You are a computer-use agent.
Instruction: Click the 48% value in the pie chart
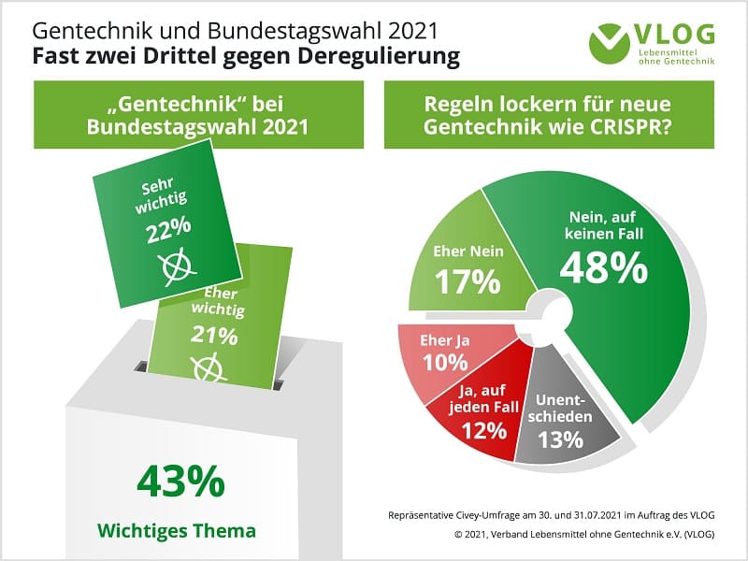[x=603, y=267]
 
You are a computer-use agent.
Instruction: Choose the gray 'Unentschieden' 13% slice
[x=561, y=421]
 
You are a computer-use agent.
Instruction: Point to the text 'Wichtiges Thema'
[x=177, y=531]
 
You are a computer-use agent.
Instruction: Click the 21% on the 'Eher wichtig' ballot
[x=214, y=335]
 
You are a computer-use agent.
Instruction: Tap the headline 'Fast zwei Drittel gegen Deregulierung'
[x=246, y=55]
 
